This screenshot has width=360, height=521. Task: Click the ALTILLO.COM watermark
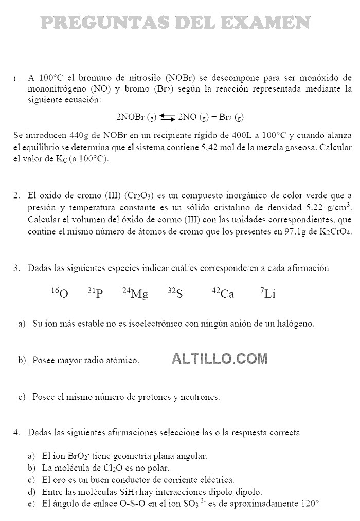coord(220,358)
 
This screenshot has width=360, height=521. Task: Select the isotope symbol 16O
coord(60,293)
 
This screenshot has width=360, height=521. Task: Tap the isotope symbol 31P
coord(95,293)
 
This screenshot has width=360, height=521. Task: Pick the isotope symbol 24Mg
coord(135,293)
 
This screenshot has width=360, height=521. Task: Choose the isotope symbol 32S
coord(175,293)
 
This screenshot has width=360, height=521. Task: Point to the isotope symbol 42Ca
coord(223,293)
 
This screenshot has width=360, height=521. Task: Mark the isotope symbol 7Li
coord(268,293)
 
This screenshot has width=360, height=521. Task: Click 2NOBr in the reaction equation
coord(131,117)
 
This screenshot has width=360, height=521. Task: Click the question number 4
coord(16,433)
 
